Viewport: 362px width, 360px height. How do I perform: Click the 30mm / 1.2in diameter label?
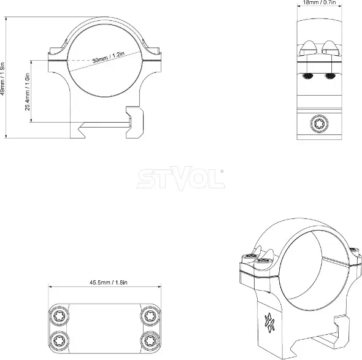coord(108,57)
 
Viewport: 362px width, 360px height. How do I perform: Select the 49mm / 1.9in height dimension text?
coord(2,79)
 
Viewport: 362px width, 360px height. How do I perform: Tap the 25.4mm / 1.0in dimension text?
coord(27,92)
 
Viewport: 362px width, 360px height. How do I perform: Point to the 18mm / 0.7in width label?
coord(319,2)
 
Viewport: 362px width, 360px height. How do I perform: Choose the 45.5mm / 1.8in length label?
coord(108,282)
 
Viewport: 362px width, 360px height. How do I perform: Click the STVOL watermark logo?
coord(181,178)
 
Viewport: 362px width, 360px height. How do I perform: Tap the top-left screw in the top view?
coord(59,315)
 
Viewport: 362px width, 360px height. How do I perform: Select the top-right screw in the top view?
coord(150,315)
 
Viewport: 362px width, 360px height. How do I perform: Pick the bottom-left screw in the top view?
coord(59,340)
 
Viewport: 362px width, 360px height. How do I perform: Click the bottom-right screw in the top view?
coord(150,340)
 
